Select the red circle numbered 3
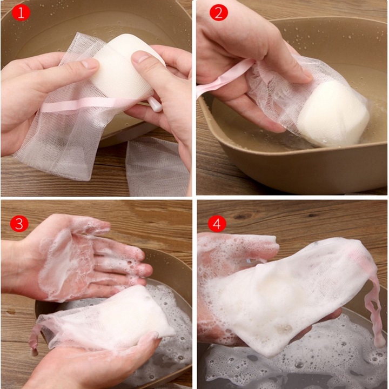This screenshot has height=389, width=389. pos(19,223)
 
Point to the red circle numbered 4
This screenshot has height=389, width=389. pos(217,224)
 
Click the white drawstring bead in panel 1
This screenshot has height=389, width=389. pos(156,105)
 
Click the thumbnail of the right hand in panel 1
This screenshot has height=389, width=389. pos(139,57)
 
